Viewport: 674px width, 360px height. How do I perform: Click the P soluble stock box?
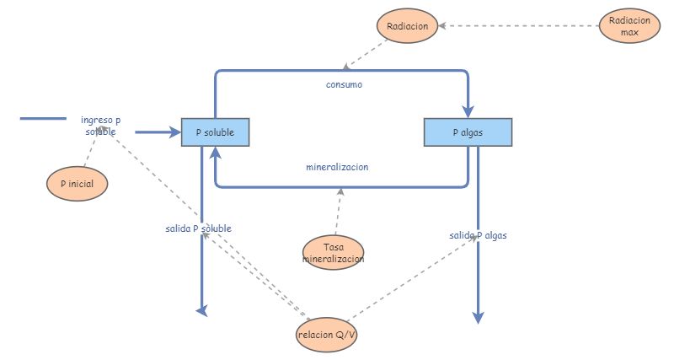(x=215, y=132)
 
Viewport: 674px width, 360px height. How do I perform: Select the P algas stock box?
(x=467, y=132)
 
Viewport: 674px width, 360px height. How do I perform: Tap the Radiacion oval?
(x=407, y=26)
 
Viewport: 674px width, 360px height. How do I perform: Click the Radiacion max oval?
(x=629, y=26)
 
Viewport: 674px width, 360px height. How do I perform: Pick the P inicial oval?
(x=78, y=183)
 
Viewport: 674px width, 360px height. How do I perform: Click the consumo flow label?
(x=344, y=84)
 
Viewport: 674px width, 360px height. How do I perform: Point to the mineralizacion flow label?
(x=337, y=167)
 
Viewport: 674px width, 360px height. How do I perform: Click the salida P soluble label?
(x=199, y=228)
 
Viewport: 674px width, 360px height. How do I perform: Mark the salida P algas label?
(x=479, y=235)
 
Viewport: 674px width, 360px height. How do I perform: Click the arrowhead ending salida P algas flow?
(x=478, y=318)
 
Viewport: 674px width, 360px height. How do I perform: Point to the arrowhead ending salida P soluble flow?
(x=202, y=311)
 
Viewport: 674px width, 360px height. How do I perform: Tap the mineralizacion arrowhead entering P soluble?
(x=216, y=152)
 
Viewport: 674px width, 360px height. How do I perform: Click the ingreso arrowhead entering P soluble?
(x=175, y=132)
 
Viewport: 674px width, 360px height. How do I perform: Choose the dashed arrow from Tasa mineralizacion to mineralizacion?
(x=337, y=211)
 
